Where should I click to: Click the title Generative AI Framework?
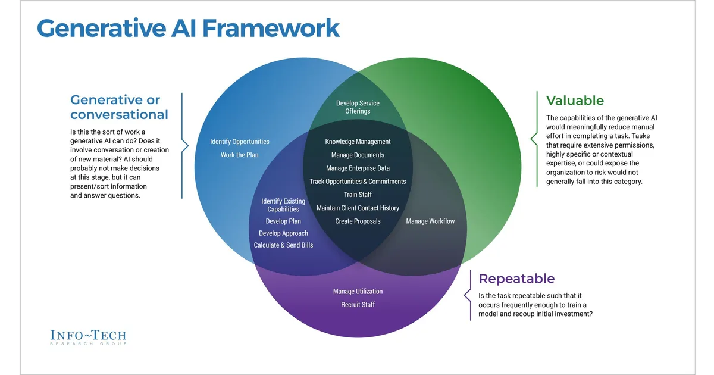pos(188,29)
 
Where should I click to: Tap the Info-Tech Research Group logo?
pos(88,337)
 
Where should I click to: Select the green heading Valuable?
pos(575,101)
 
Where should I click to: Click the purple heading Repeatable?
pos(516,279)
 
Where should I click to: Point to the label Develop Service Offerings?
pos(358,107)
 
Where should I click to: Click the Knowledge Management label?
pos(358,142)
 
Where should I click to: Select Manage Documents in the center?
pos(358,155)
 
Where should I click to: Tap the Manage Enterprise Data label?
pos(358,168)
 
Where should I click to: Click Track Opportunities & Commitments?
pos(358,182)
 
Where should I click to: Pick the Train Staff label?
pos(358,195)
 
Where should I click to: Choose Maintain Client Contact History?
pos(358,208)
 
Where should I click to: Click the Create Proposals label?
pos(358,221)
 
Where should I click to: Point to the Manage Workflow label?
pos(430,221)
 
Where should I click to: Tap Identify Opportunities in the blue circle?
pos(240,142)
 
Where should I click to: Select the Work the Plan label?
pos(240,155)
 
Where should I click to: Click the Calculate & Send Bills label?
pos(283,245)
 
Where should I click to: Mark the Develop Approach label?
pos(283,233)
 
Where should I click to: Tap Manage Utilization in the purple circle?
pos(358,292)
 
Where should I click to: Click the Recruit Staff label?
pos(358,305)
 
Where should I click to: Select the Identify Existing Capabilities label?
pos(283,205)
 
